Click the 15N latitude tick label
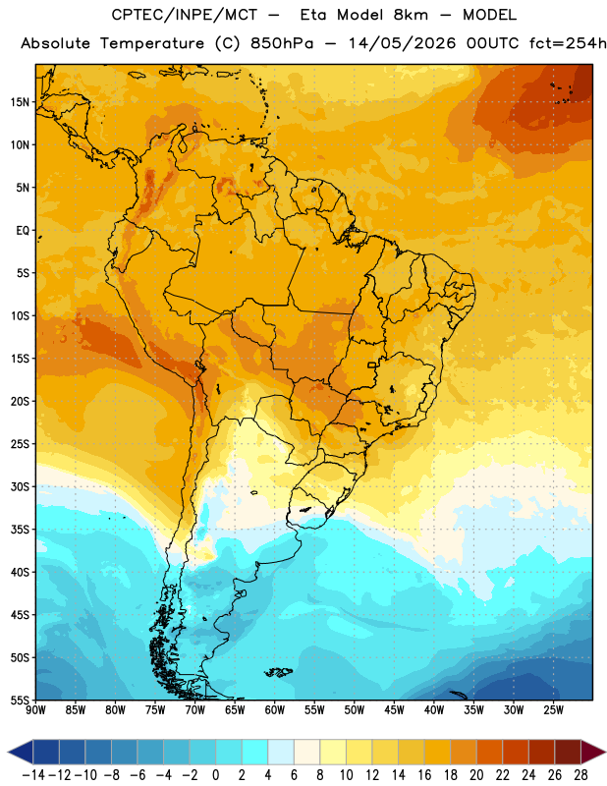(x=20, y=102)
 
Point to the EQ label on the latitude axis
(x=23, y=231)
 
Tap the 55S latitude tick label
(x=20, y=700)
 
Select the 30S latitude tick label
(x=20, y=486)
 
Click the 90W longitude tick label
(x=35, y=710)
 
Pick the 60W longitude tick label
(x=275, y=710)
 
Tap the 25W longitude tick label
(x=553, y=710)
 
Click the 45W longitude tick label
(x=394, y=710)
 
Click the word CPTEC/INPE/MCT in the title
(x=185, y=15)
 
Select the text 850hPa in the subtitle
(x=282, y=43)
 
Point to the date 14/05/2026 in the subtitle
(x=402, y=43)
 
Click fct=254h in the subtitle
(x=568, y=43)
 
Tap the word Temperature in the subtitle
(x=151, y=43)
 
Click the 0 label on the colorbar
(x=216, y=775)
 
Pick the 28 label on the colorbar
(x=580, y=775)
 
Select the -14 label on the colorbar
(x=33, y=775)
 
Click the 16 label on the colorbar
(x=424, y=775)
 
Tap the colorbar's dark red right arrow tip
(x=605, y=752)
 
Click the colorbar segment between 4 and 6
(x=281, y=752)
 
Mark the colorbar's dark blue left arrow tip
(x=9, y=752)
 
